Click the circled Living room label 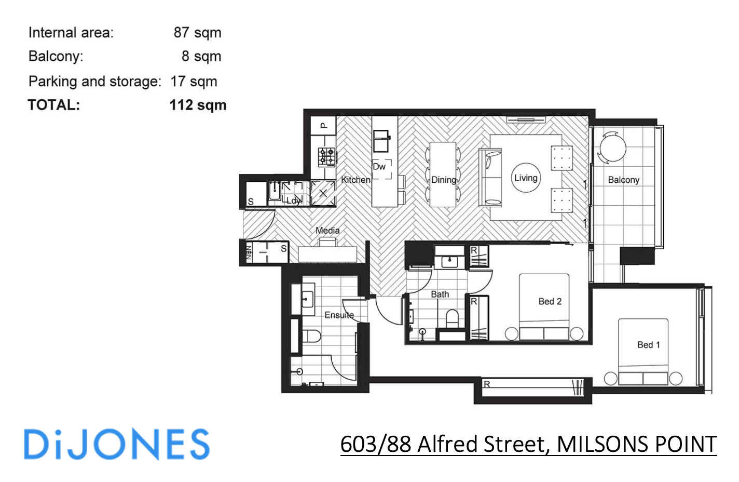pyautogui.click(x=525, y=178)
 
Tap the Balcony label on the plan pyautogui.click(x=623, y=180)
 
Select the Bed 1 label pyautogui.click(x=648, y=344)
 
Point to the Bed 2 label pyautogui.click(x=550, y=301)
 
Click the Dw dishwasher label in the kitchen pyautogui.click(x=379, y=167)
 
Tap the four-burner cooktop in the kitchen pyautogui.click(x=326, y=156)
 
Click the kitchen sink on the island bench pyautogui.click(x=381, y=141)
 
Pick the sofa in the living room pyautogui.click(x=490, y=177)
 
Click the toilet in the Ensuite pyautogui.click(x=311, y=336)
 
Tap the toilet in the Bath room pyautogui.click(x=453, y=318)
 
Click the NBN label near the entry pyautogui.click(x=249, y=252)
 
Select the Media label pyautogui.click(x=327, y=230)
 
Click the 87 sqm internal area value pyautogui.click(x=197, y=33)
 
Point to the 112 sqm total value pyautogui.click(x=198, y=105)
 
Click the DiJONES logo pyautogui.click(x=117, y=445)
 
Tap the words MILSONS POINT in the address pyautogui.click(x=636, y=445)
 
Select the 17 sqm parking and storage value pyautogui.click(x=194, y=82)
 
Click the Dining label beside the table pyautogui.click(x=444, y=180)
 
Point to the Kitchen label pyautogui.click(x=355, y=180)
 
